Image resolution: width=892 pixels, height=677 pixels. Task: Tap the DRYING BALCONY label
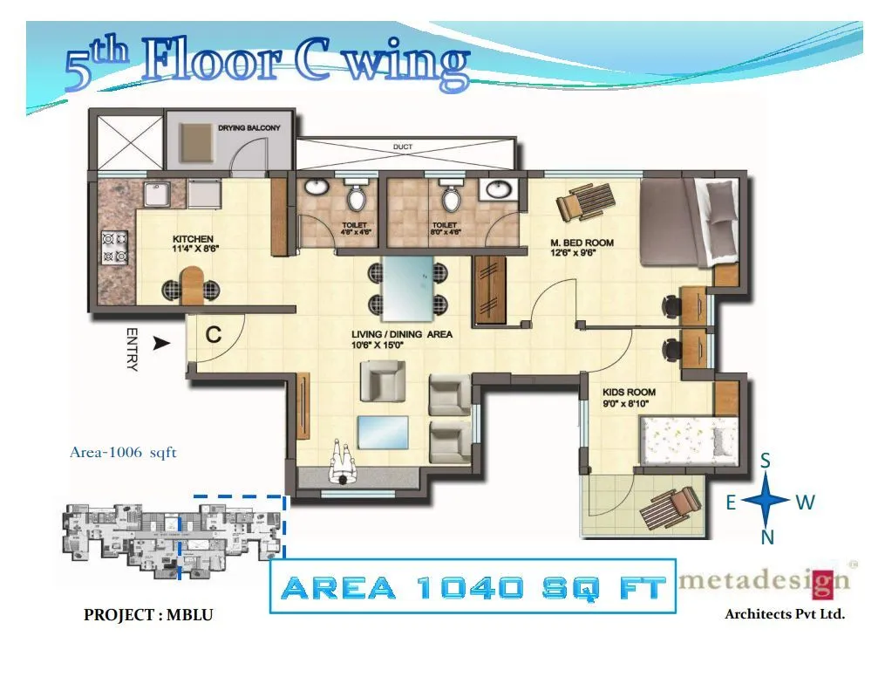coord(249,127)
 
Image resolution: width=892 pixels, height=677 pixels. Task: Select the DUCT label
coord(403,147)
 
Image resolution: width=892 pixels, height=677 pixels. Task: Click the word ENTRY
coord(133,349)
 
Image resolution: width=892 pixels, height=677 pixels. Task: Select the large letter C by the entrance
coord(213,334)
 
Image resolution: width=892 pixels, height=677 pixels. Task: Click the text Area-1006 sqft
coord(123,452)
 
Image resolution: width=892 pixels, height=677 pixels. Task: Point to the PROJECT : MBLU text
coord(148,615)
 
